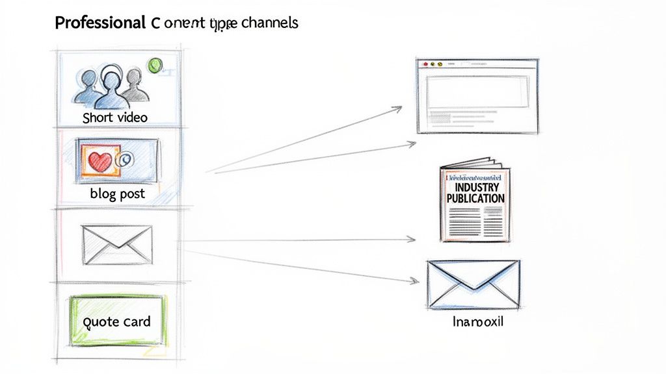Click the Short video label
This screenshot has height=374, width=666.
(115, 118)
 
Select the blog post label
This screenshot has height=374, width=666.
(118, 194)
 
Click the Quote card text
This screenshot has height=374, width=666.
(118, 321)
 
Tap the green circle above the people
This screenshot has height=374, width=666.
(155, 65)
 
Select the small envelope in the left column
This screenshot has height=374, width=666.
(117, 244)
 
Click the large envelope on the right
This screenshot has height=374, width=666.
(473, 284)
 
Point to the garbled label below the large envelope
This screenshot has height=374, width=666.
(477, 322)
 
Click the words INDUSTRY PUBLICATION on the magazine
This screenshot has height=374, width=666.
(475, 193)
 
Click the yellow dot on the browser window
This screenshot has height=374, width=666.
(440, 64)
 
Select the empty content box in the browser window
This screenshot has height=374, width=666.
(476, 92)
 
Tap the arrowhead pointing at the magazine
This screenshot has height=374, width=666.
(412, 240)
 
